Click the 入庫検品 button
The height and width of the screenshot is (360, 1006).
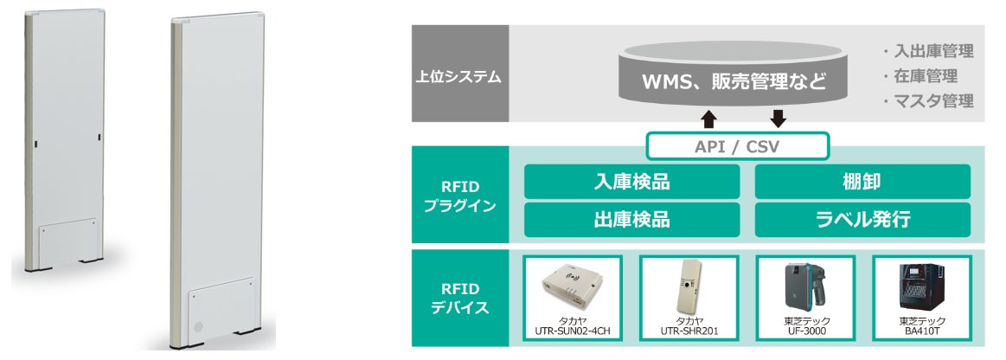[x=631, y=182]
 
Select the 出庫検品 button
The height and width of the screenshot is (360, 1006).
[x=631, y=220]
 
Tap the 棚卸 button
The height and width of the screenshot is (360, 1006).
[x=862, y=182]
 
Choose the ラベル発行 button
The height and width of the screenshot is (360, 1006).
[x=862, y=220]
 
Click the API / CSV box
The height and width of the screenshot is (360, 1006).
[x=738, y=146]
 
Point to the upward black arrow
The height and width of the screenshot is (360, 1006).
[x=708, y=118]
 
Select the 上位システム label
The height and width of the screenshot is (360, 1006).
[x=458, y=75]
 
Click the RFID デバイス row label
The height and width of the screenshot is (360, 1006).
[x=458, y=297]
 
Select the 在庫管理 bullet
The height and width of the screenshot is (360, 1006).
[x=922, y=76]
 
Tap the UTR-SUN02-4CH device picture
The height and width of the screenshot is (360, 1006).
[x=572, y=286]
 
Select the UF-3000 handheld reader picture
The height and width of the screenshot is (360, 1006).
[x=804, y=286]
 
